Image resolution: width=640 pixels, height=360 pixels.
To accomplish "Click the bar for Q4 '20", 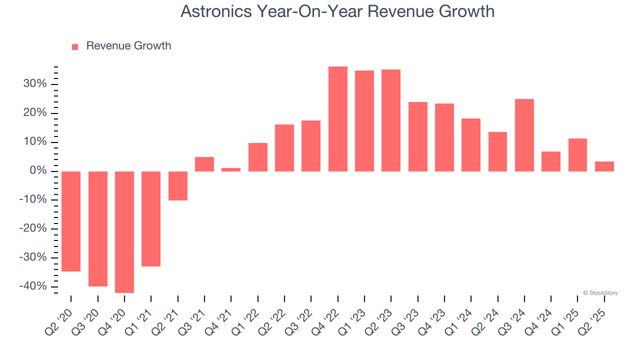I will (124, 232).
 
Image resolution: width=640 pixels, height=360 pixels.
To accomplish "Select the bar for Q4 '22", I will (338, 119).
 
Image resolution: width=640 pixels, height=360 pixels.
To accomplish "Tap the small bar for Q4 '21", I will (231, 169).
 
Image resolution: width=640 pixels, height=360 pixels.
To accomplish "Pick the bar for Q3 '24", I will (524, 135).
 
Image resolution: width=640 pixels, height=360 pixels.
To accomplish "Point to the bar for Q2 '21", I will (178, 186).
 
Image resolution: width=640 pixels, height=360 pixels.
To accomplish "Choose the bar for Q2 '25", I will (604, 166).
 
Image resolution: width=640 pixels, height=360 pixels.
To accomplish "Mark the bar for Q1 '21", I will (151, 219).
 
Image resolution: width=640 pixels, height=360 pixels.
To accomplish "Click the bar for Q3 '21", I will (204, 164).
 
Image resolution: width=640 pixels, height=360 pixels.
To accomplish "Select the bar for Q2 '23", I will (391, 120).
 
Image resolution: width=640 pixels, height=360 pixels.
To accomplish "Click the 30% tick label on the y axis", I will (34, 84).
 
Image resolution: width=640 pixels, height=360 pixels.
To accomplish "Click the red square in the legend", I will (75, 46).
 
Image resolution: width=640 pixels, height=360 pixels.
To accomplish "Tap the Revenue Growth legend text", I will (128, 46).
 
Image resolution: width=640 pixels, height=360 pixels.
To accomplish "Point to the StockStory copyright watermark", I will (600, 293).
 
